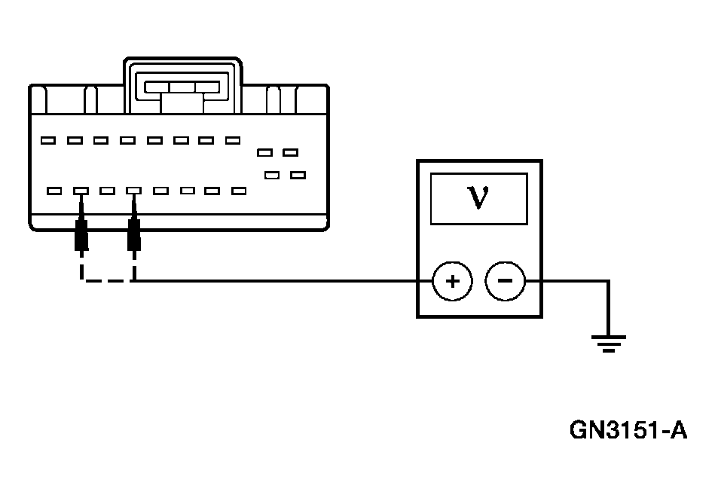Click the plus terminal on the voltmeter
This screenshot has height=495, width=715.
click(451, 282)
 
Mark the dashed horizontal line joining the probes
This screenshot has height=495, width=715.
click(107, 281)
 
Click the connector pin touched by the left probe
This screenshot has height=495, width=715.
click(81, 191)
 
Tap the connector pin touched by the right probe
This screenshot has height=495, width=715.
click(134, 191)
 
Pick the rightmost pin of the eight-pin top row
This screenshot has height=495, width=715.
click(232, 140)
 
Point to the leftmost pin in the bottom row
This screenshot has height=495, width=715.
click(53, 191)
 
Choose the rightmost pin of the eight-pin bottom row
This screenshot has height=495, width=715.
click(239, 191)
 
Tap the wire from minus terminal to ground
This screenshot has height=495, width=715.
click(573, 282)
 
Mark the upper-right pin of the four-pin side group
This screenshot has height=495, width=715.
click(290, 152)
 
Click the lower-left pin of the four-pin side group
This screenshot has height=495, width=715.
click(272, 176)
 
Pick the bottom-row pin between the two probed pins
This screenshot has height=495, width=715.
click(108, 191)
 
